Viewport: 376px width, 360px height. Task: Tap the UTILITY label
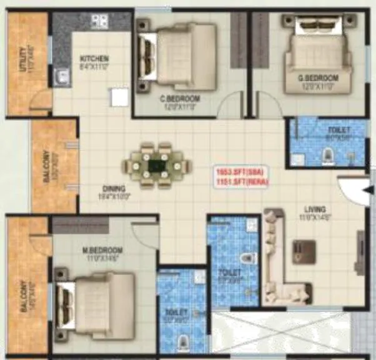pos(23,58)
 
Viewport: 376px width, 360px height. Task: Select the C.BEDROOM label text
pos(179,99)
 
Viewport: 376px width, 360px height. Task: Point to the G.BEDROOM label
pos(318,78)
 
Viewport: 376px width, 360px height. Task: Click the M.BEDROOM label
pos(102,250)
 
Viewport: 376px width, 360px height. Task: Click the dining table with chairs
pos(156,166)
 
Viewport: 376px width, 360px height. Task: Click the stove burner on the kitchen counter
pos(99,21)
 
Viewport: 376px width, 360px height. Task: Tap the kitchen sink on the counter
pos(61,77)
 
